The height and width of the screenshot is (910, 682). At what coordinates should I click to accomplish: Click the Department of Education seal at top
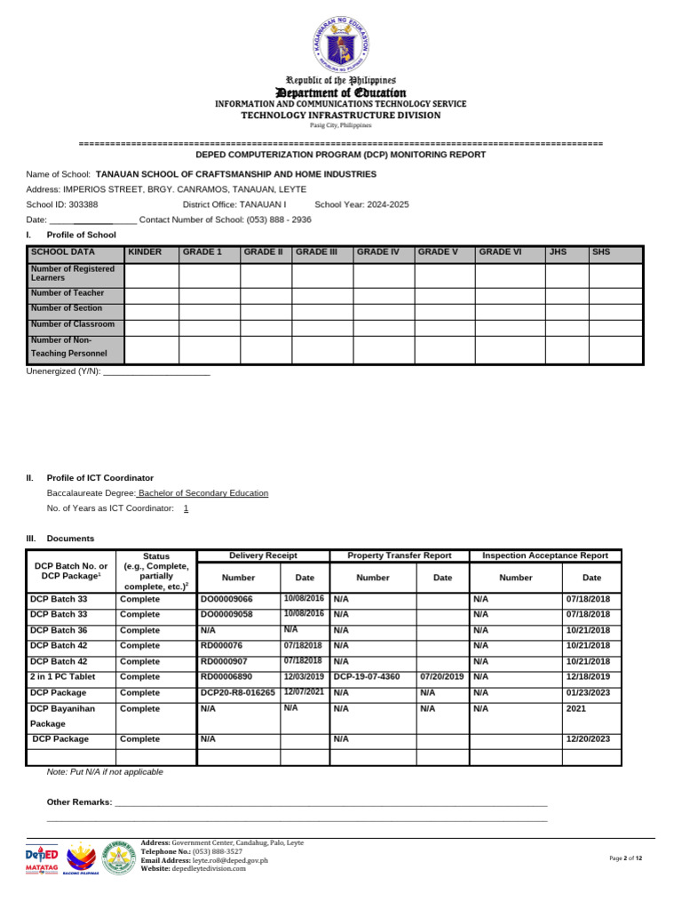[341, 44]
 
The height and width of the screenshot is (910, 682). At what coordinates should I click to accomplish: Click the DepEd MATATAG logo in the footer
[44, 858]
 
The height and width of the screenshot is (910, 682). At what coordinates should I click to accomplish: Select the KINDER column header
[146, 252]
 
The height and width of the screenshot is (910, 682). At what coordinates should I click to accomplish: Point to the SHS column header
[602, 252]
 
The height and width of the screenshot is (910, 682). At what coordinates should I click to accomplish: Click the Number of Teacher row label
[67, 293]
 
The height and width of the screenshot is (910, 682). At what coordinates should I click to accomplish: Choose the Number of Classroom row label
[72, 324]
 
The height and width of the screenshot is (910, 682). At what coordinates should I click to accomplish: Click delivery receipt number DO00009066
[226, 600]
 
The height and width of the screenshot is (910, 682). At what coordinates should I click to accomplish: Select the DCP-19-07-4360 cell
[366, 676]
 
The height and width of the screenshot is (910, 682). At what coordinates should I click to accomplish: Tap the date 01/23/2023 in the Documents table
[588, 692]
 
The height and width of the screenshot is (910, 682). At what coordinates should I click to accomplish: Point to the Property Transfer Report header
[399, 555]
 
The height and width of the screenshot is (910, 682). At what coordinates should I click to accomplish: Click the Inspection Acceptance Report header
[544, 555]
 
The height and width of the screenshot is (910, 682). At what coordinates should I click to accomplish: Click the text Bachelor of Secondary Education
[203, 493]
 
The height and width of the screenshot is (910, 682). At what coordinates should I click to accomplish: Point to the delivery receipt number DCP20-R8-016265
[237, 692]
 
